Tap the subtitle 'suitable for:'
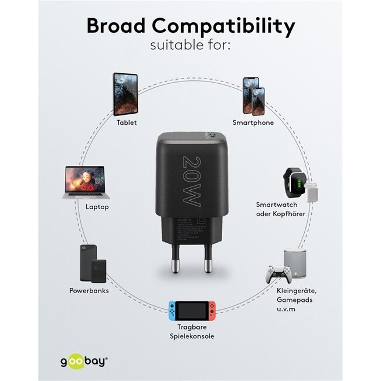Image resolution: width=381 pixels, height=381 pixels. pos(190,45)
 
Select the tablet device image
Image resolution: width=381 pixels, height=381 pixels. pos(125,94)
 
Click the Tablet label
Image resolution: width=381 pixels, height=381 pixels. pos(127,123)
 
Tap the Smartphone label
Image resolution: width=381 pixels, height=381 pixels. pos(253,123)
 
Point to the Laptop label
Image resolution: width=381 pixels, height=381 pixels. pos(97,207)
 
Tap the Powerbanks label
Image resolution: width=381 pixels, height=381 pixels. pos(89,291)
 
